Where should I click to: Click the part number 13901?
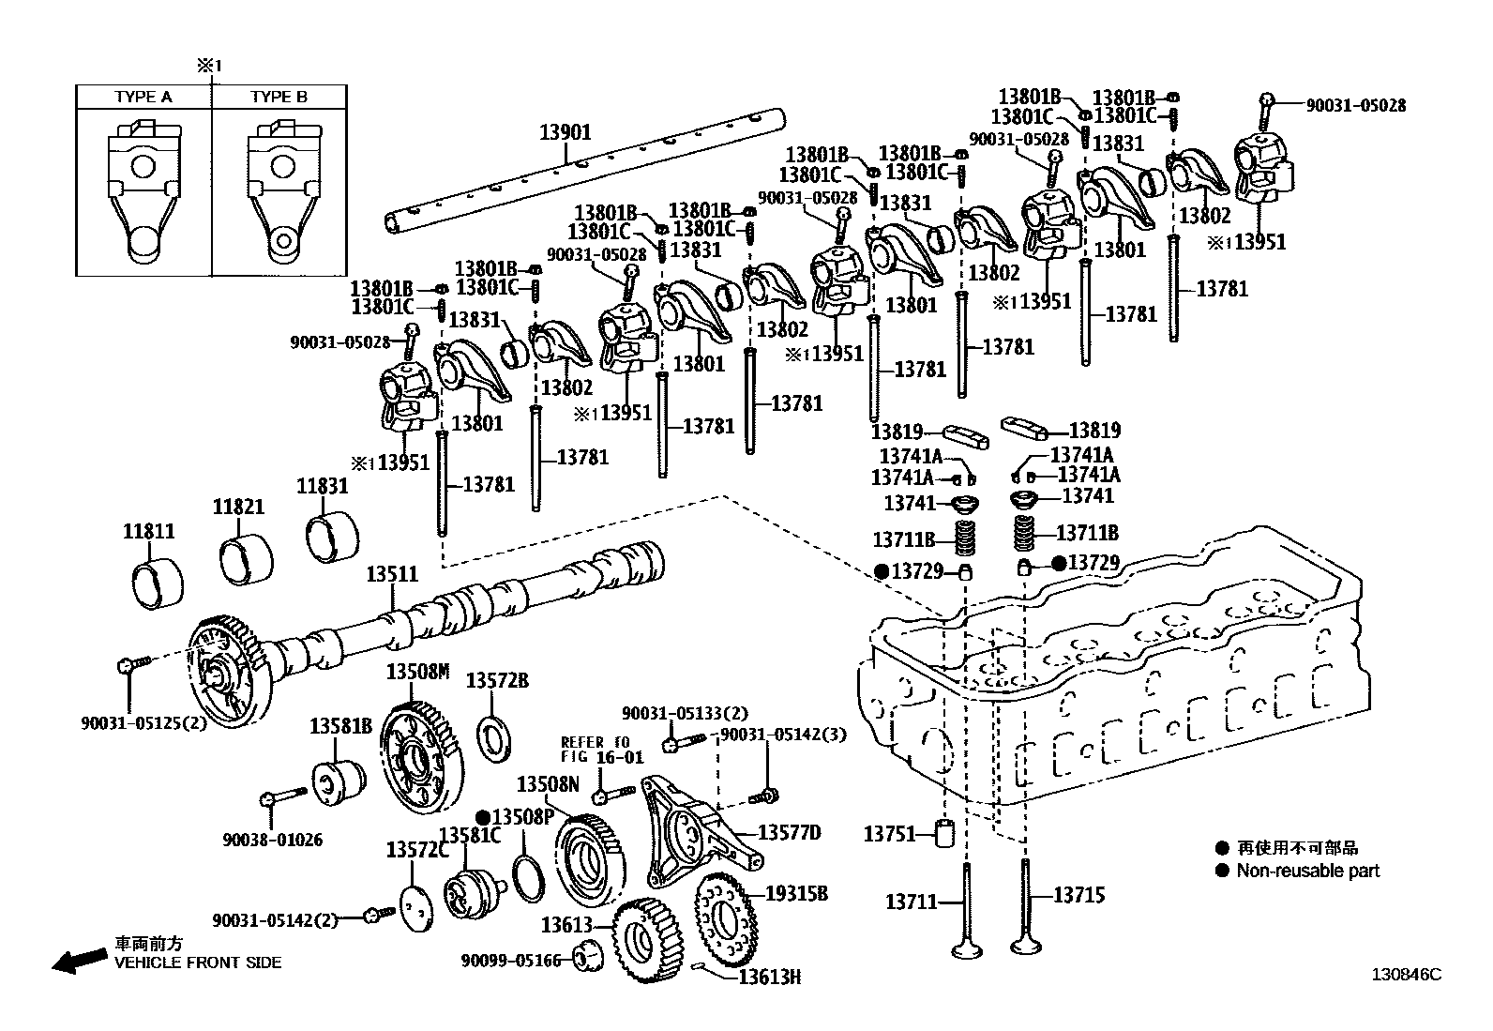566,132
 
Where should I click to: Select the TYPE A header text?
143,97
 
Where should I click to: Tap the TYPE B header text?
279,97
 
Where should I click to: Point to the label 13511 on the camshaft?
392,574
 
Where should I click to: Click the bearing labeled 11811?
156,584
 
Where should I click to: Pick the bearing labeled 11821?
246,560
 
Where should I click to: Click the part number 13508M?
418,672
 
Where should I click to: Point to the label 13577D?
790,833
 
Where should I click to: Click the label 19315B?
797,893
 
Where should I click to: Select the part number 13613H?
769,977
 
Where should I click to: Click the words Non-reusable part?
1307,871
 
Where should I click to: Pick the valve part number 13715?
1079,895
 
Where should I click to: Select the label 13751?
889,833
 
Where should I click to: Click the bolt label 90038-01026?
273,840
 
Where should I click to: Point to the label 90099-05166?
511,960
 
